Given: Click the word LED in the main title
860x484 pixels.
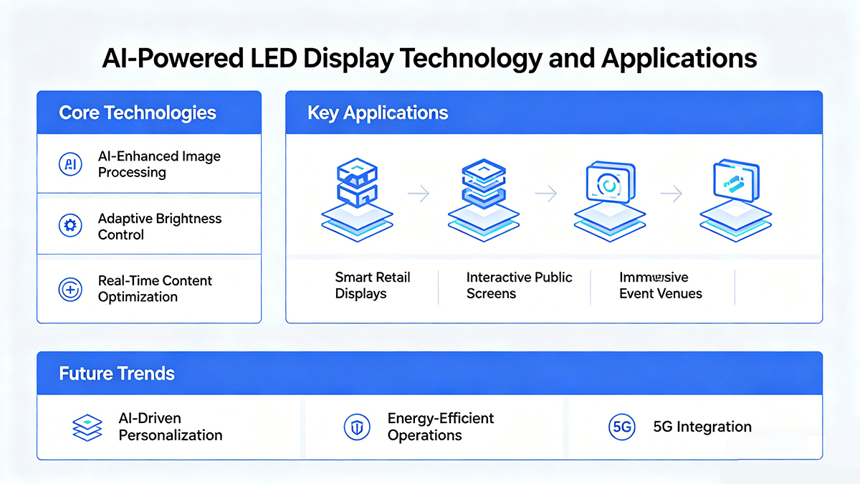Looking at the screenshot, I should pos(271,57).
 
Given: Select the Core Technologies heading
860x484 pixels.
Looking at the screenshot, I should pos(137,113).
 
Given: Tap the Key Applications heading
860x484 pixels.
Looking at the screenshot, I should pos(378,113).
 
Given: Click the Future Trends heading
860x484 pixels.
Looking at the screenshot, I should pos(117,374).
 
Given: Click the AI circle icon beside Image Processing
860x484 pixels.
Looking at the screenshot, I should pos(70,164).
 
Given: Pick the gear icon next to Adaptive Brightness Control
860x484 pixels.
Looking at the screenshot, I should pos(70,227).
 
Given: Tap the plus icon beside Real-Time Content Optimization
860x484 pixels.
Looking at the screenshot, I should pos(70,290).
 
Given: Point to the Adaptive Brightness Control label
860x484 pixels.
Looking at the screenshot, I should pos(159,227).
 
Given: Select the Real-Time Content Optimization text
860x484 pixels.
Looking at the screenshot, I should pos(155,289).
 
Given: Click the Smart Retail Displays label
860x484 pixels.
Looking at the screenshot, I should pos(372,285).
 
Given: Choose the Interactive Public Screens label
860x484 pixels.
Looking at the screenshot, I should pos(519,285).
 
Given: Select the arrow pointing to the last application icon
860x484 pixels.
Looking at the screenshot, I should pos(671,193).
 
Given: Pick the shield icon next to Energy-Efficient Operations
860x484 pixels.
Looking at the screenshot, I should pos(356,427).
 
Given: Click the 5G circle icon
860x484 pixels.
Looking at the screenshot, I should pos(621,427).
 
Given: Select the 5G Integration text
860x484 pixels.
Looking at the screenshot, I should pos(702,427).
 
